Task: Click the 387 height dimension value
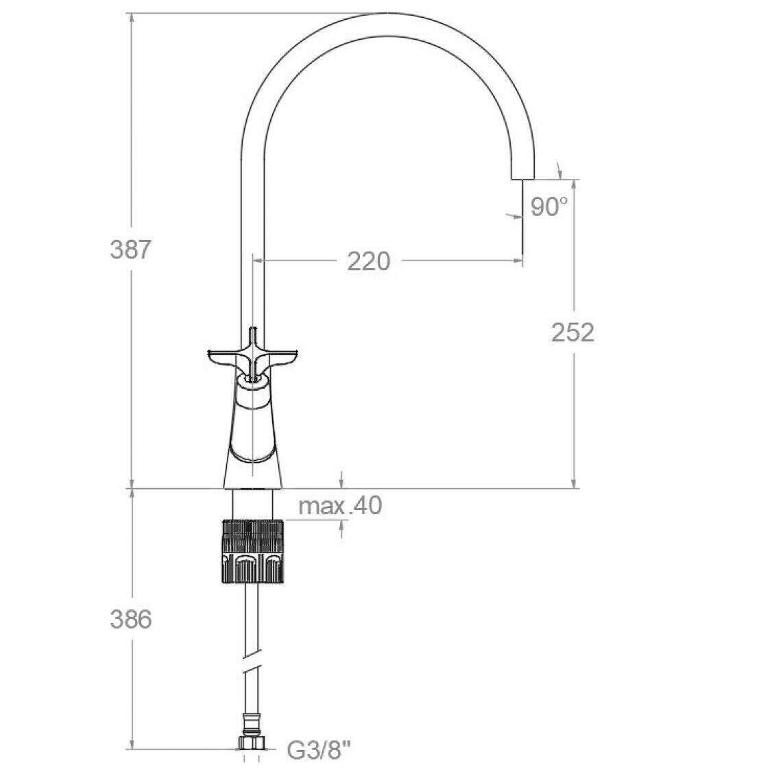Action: [130, 250]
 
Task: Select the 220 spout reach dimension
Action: [368, 261]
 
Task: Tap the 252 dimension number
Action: [572, 332]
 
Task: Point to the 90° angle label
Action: [549, 207]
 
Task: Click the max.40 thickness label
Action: [340, 505]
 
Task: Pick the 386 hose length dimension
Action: [130, 620]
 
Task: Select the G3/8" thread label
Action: [319, 751]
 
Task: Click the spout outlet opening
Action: [522, 178]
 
